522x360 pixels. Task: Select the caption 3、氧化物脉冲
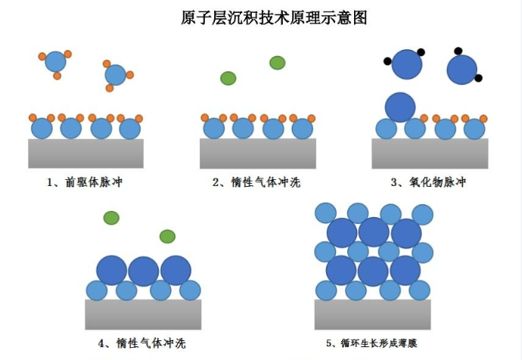coord(429,182)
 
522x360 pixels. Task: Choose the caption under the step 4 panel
coord(142,344)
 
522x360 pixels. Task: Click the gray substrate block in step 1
coord(85,154)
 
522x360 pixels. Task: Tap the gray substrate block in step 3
coord(429,154)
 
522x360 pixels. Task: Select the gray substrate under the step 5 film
coord(372,315)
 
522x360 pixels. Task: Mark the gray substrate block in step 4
coord(142,315)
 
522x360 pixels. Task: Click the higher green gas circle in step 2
coord(278,63)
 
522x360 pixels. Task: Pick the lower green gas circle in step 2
coord(228,78)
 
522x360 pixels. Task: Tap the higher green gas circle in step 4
coord(111,219)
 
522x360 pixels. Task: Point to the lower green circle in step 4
coord(167,237)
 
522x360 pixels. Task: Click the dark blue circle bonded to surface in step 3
coord(400,107)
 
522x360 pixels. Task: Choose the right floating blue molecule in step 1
coord(116,75)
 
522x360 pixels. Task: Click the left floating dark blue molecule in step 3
coord(407,65)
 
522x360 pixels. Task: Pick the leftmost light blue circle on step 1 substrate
coord(42,129)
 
